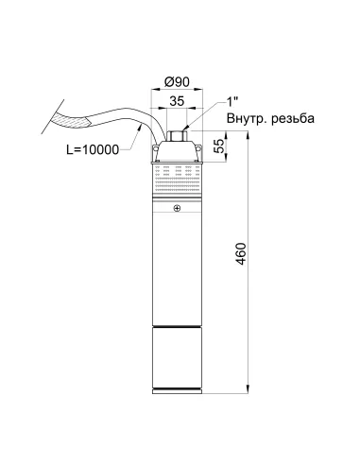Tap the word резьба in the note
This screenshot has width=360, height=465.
(x=293, y=118)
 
